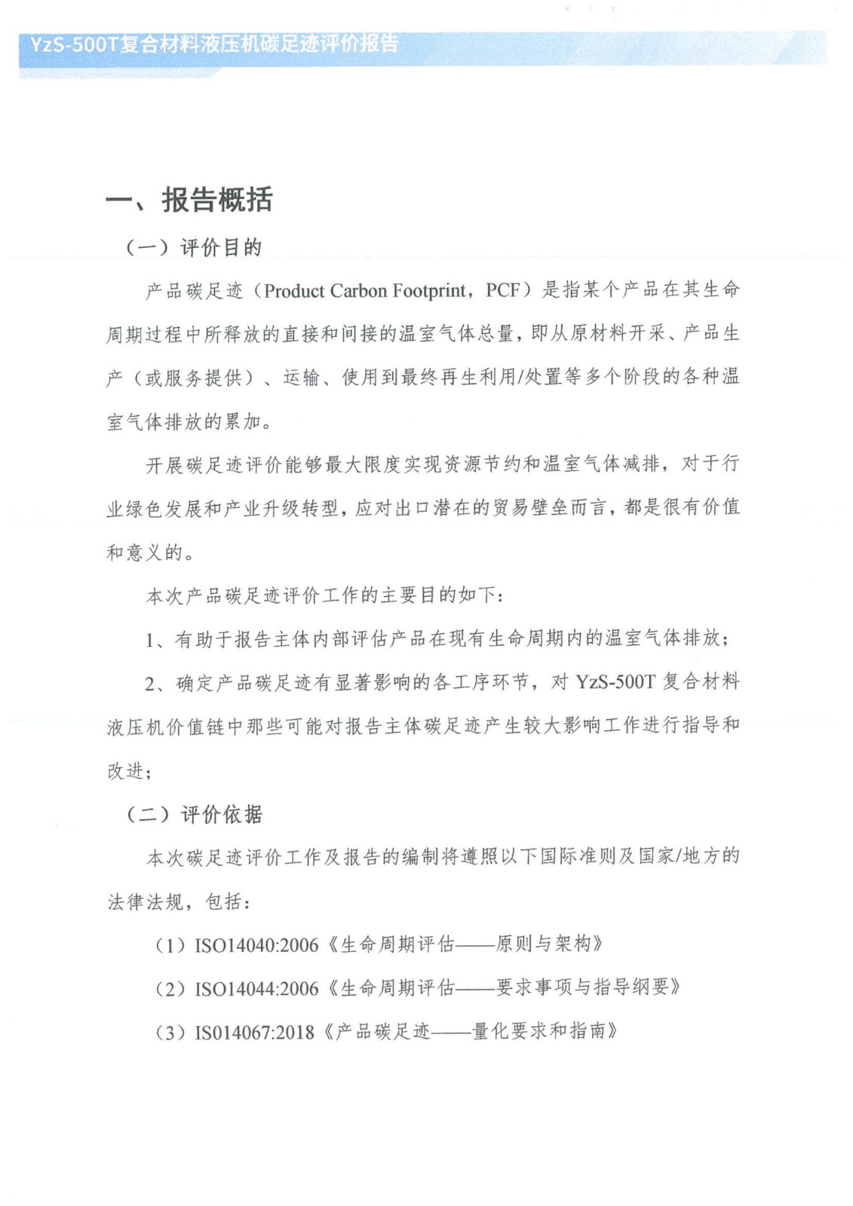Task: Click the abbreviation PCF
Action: click(503, 291)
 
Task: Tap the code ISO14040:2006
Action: click(256, 944)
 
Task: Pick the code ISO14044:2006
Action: click(256, 988)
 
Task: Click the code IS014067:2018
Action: click(254, 1032)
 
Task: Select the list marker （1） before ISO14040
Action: click(170, 944)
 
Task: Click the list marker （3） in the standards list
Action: click(170, 1032)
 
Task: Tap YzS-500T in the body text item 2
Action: click(615, 682)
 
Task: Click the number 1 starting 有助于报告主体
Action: click(150, 640)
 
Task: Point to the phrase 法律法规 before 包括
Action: click(146, 901)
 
